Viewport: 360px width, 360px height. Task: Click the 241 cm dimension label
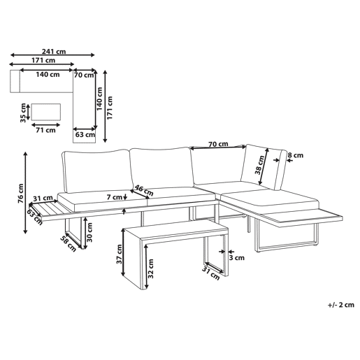pyautogui.click(x=54, y=51)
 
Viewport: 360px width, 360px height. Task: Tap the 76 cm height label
pyautogui.click(x=21, y=193)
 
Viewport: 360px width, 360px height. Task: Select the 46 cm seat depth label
pyautogui.click(x=144, y=190)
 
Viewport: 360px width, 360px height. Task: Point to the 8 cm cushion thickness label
pyautogui.click(x=296, y=155)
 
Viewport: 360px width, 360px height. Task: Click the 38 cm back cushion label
pyautogui.click(x=259, y=165)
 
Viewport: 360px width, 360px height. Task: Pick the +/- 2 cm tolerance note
pyautogui.click(x=341, y=305)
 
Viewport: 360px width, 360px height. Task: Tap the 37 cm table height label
pyautogui.click(x=120, y=254)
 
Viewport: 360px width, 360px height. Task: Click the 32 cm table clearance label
pyautogui.click(x=150, y=268)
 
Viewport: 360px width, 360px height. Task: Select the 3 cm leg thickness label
pyautogui.click(x=236, y=258)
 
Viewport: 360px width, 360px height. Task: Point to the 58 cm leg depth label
pyautogui.click(x=69, y=244)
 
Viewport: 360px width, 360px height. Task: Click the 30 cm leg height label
pyautogui.click(x=89, y=232)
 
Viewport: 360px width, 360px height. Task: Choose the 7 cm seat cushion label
pyautogui.click(x=114, y=197)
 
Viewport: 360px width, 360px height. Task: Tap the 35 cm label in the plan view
pyautogui.click(x=23, y=113)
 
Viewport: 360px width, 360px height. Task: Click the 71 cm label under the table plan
pyautogui.click(x=45, y=130)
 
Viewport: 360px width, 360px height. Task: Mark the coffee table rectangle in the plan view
pyautogui.click(x=46, y=113)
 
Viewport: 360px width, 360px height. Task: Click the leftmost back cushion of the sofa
pyautogui.click(x=96, y=171)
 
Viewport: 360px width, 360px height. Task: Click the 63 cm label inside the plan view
pyautogui.click(x=85, y=134)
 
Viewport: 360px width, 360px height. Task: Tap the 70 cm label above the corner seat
pyautogui.click(x=218, y=144)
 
